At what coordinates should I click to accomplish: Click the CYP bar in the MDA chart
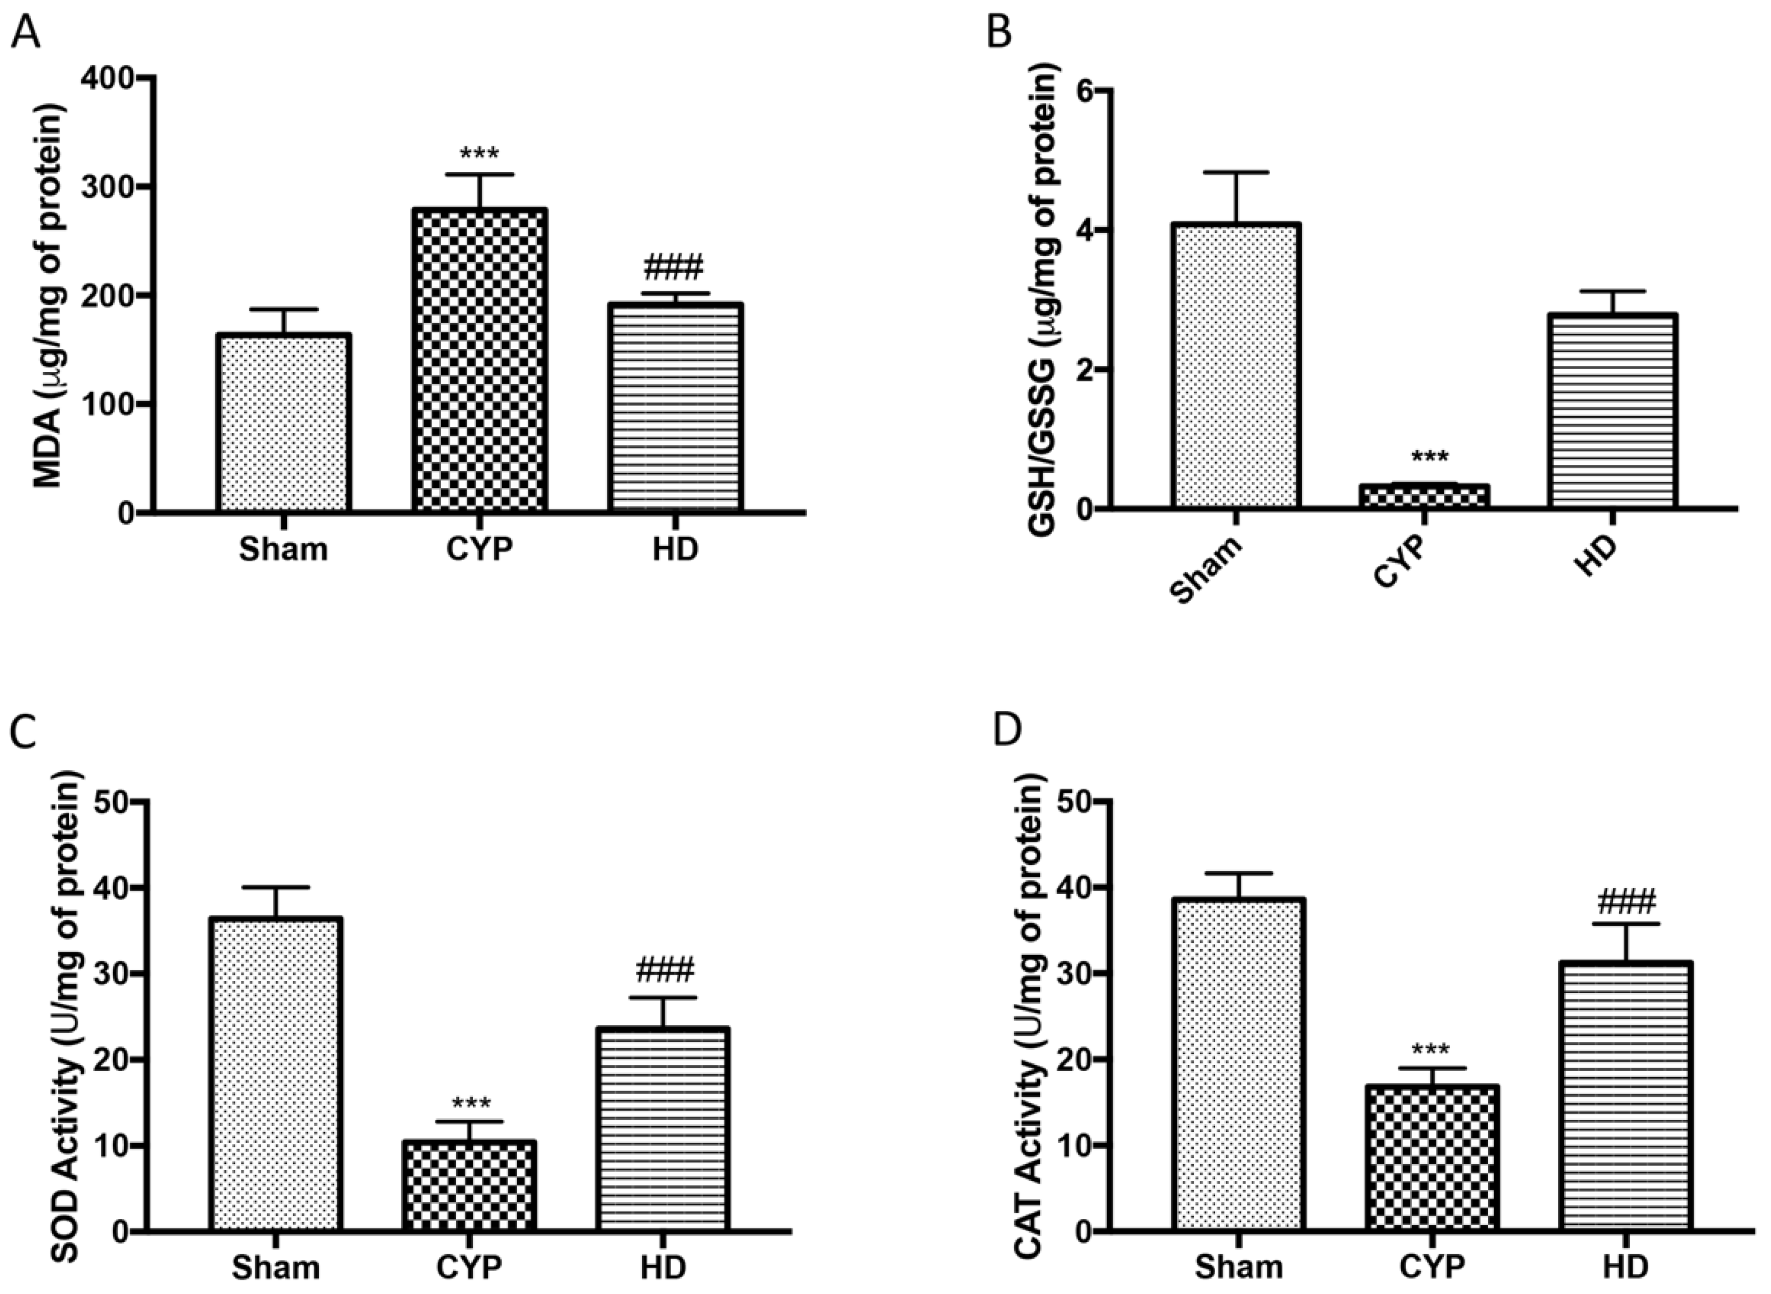478,360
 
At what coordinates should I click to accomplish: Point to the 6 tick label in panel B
1084,91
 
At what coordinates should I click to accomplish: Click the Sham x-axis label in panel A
283,551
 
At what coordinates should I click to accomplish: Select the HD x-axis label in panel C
663,1267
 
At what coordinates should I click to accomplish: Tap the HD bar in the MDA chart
675,407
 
